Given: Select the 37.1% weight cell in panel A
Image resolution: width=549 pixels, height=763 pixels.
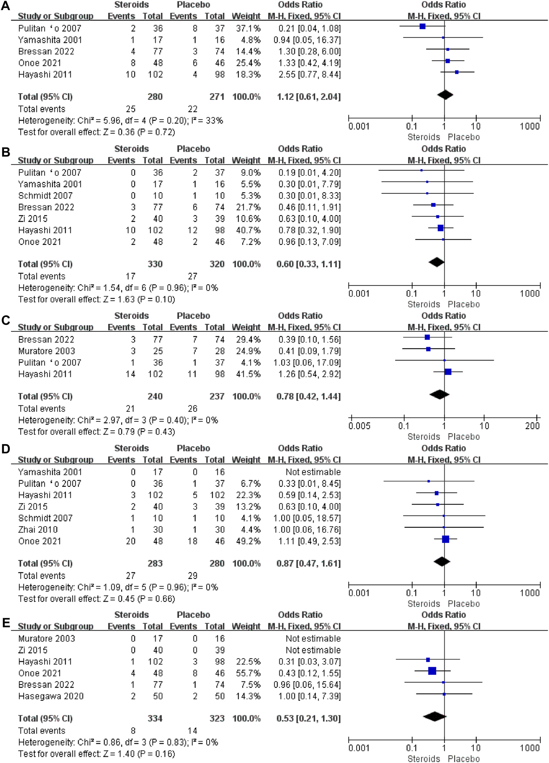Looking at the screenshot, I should coord(248,28).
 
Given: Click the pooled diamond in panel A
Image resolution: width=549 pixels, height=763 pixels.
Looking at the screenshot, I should coord(445,95).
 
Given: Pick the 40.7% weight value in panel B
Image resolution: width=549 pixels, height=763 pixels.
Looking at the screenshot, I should coord(248,230).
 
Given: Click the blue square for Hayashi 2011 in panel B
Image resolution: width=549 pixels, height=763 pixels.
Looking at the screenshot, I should coord(440,228).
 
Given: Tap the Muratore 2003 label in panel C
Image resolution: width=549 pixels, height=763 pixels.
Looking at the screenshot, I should coord(47,351).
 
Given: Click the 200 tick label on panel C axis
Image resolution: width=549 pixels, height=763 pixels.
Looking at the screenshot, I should coord(532,426).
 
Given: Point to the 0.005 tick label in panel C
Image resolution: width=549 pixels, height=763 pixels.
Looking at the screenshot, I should coord(359,426).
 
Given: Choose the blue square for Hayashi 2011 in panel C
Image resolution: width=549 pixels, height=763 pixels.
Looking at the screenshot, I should coord(448,372).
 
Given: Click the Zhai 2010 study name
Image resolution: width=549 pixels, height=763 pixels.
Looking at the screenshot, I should coord(38,529).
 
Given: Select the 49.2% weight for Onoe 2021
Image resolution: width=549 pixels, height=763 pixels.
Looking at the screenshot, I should coord(248,541).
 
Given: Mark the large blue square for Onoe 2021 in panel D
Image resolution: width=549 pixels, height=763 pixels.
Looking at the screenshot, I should coord(445,539).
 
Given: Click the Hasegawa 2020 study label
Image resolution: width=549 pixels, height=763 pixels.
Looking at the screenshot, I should coord(51,696).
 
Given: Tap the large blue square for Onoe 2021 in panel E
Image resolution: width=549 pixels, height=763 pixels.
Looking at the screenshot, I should coord(432,671).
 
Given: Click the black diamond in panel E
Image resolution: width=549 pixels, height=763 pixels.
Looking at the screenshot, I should coord(434,716).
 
